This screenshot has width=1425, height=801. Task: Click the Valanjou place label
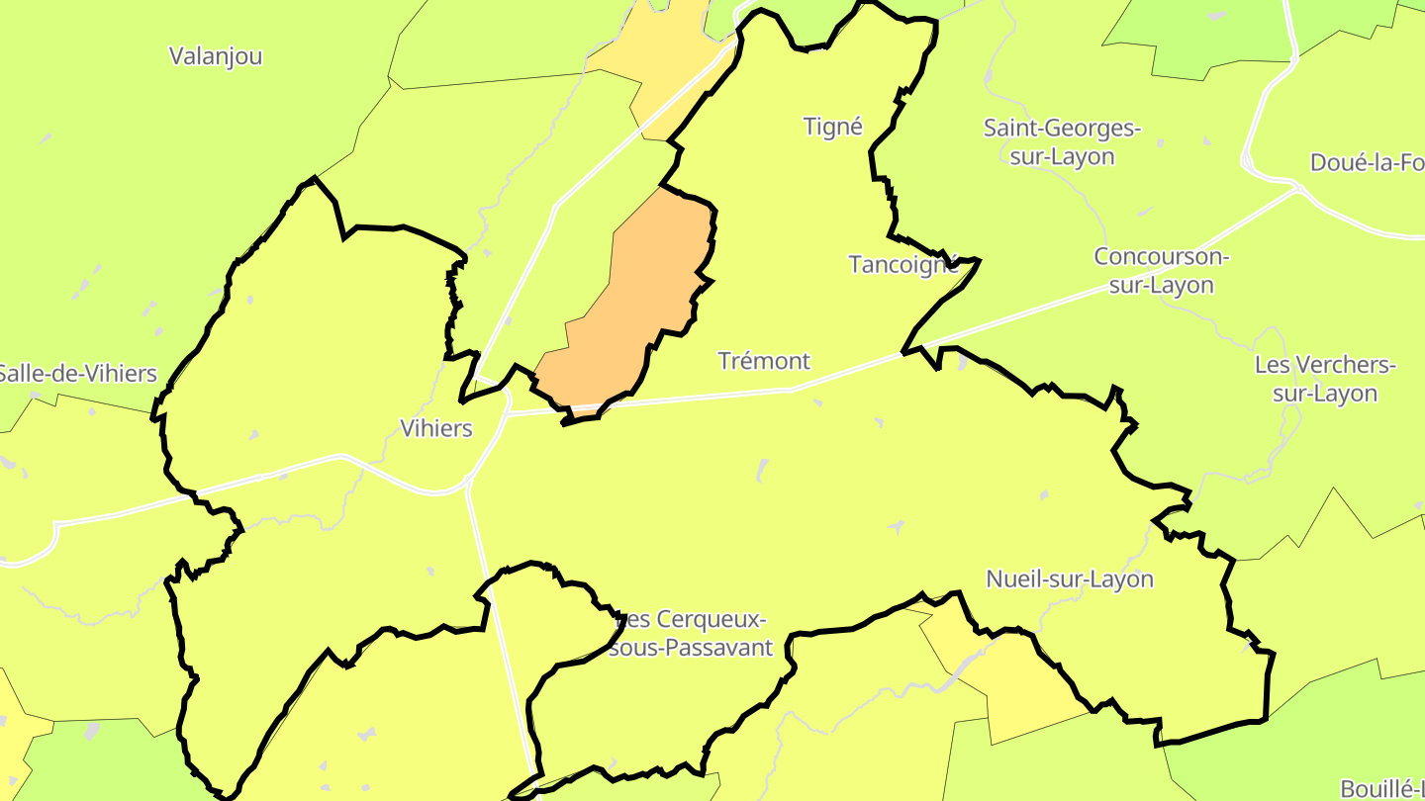pyautogui.click(x=216, y=56)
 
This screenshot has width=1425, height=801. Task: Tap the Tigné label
pyautogui.click(x=832, y=127)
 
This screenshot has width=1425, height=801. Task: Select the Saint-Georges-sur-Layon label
pyautogui.click(x=1062, y=142)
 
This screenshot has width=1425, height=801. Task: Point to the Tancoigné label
pyautogui.click(x=903, y=264)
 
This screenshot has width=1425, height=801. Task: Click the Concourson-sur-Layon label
pyautogui.click(x=1160, y=271)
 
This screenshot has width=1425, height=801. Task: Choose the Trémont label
pyautogui.click(x=764, y=361)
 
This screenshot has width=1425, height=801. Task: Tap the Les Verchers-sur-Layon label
pyautogui.click(x=1325, y=379)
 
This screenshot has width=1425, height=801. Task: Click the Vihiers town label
pyautogui.click(x=435, y=428)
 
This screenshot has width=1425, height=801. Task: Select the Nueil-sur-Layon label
pyautogui.click(x=1070, y=578)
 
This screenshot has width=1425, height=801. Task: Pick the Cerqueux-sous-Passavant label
pyautogui.click(x=693, y=634)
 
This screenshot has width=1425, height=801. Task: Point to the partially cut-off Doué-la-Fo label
pyautogui.click(x=1366, y=163)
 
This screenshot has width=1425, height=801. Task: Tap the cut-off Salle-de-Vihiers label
pyautogui.click(x=77, y=374)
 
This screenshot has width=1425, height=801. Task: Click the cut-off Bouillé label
pyautogui.click(x=1381, y=788)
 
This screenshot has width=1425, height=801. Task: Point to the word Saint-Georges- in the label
pyautogui.click(x=1062, y=129)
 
